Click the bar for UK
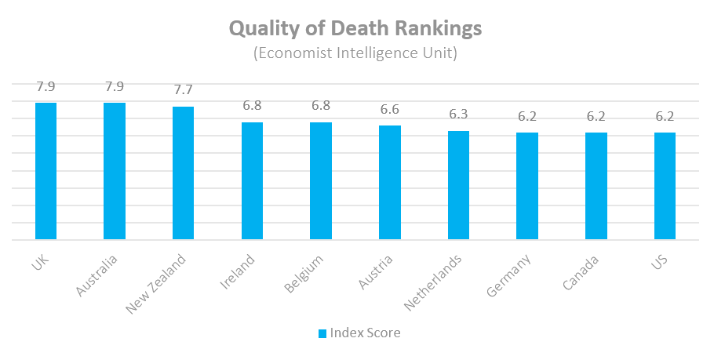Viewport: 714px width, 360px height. pyautogui.click(x=46, y=171)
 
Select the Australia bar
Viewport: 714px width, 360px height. pyautogui.click(x=115, y=171)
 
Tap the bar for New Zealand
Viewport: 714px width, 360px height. pyautogui.click(x=183, y=173)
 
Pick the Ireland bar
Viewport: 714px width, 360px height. pyautogui.click(x=252, y=180)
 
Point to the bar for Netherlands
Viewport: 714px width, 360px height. pyautogui.click(x=458, y=185)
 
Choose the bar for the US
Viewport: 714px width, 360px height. pyautogui.click(x=665, y=186)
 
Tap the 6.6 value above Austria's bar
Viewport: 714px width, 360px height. pyautogui.click(x=390, y=110)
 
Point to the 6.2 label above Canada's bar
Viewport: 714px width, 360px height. pyautogui.click(x=596, y=117)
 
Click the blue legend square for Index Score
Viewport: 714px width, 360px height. pyautogui.click(x=322, y=333)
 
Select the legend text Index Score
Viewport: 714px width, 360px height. pyautogui.click(x=365, y=333)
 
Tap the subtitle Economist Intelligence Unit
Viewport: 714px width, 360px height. pyautogui.click(x=355, y=54)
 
